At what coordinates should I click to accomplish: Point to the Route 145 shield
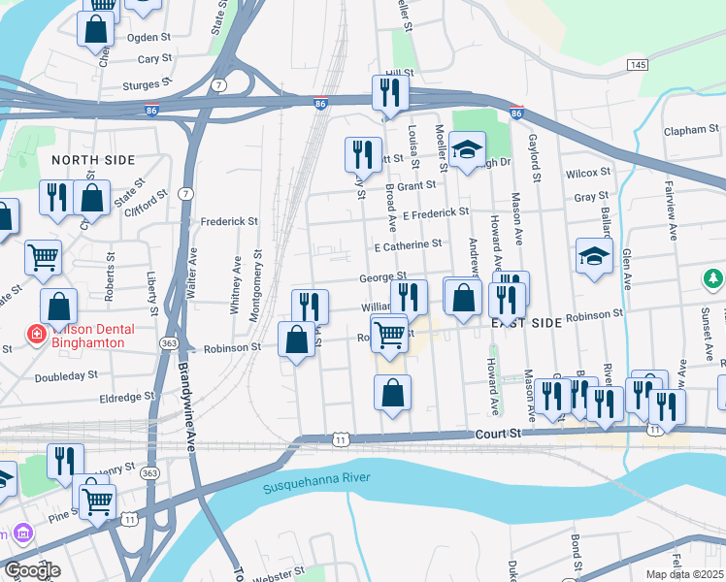(637, 64)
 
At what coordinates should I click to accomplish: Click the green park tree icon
(713, 279)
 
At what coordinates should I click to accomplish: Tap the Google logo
(31, 569)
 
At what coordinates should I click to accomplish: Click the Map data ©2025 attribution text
(684, 574)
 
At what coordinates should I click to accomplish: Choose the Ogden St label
(149, 38)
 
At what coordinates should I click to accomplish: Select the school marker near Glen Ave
(594, 257)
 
